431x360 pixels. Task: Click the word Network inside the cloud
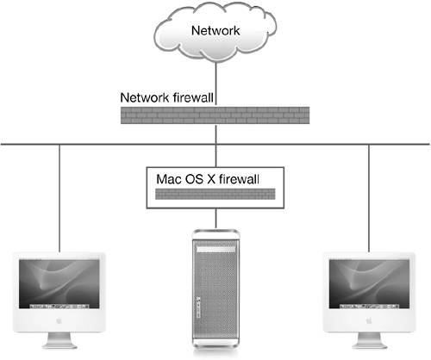click(x=215, y=30)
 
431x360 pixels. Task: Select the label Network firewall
click(x=167, y=97)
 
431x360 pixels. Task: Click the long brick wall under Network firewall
click(x=215, y=115)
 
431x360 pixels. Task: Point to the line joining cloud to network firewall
click(x=215, y=84)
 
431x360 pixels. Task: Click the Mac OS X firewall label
click(x=208, y=179)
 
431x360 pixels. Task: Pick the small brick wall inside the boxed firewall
click(x=215, y=194)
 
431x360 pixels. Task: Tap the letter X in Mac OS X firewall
click(x=211, y=179)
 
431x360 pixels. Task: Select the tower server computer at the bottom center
click(x=215, y=289)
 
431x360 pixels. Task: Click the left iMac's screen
click(x=59, y=284)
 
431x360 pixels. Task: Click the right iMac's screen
click(x=369, y=284)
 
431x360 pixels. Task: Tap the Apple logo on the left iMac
click(x=59, y=320)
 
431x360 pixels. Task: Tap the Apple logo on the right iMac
click(x=369, y=320)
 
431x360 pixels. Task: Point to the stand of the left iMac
click(x=59, y=340)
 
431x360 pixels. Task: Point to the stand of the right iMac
click(x=369, y=340)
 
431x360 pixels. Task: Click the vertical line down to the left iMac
click(x=59, y=198)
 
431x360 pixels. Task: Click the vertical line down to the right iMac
click(x=369, y=198)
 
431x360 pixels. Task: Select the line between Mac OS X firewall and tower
click(x=215, y=219)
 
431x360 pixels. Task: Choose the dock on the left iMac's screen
click(x=59, y=307)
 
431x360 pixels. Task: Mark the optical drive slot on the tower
click(x=215, y=250)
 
